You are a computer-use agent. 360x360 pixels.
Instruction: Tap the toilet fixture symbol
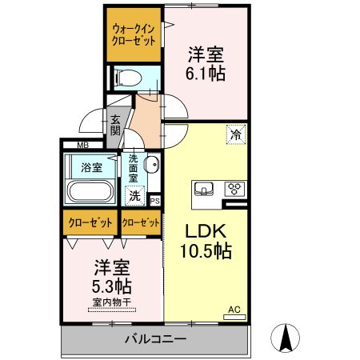pos(126,78)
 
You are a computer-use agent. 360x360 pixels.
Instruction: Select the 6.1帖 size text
pos(206,74)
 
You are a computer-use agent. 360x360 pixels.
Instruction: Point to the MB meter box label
pos(82,146)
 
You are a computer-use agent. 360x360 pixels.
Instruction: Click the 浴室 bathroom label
pos(91,167)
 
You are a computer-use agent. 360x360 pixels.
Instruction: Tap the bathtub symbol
pos(90,192)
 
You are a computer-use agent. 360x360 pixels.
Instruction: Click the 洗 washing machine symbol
pos(135,194)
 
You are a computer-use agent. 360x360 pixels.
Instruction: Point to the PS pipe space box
pos(154,201)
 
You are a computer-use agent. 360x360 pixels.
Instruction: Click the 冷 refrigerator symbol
pos(235,134)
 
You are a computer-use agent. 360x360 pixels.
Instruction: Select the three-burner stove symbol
pos(235,190)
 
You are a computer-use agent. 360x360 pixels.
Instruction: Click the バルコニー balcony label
pos(155,340)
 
